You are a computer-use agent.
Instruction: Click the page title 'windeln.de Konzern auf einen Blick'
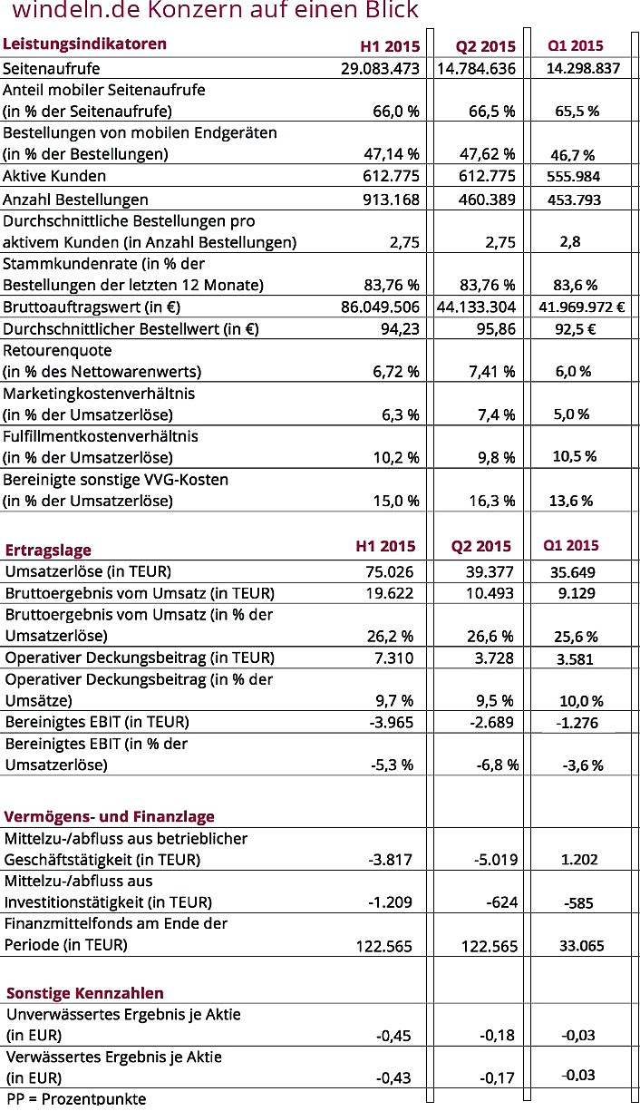pos(216,11)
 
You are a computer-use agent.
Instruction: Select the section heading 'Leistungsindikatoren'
pos(85,44)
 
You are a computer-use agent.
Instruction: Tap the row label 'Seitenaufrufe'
pos(52,68)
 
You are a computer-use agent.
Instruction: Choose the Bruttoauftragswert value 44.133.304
pos(476,307)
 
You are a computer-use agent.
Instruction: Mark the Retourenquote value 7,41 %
pos(490,372)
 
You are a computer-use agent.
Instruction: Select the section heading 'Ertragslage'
pos(49,550)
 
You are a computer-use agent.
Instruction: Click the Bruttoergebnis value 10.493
pos(490,593)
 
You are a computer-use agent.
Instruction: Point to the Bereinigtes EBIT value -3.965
pos(392,722)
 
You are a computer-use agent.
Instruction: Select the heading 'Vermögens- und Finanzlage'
pos(110,816)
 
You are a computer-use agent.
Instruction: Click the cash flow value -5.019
pos(495,860)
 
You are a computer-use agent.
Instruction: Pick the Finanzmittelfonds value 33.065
pos(580,945)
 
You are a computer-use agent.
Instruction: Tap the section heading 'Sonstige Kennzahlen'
pos(85,993)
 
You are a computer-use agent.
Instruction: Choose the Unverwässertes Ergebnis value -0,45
pos(394,1035)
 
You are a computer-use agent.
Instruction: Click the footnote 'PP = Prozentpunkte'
pos(76,1099)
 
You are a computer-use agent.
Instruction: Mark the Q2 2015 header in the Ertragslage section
pos(481,546)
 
